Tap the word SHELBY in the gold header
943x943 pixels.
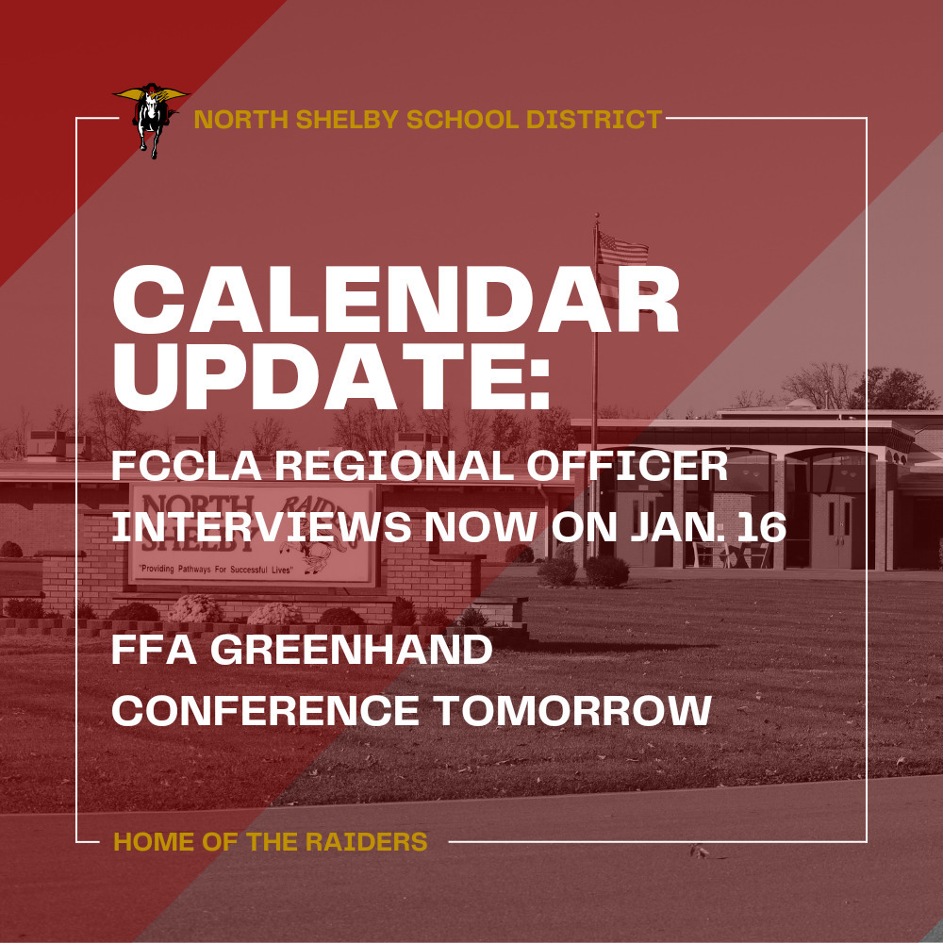click(x=346, y=120)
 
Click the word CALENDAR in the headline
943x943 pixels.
click(x=396, y=299)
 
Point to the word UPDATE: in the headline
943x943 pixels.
click(x=331, y=377)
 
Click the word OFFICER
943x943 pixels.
click(x=627, y=466)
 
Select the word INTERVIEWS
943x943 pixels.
click(x=261, y=527)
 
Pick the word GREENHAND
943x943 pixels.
click(x=351, y=650)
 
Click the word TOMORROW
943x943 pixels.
click(x=572, y=711)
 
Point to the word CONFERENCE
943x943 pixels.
click(x=265, y=711)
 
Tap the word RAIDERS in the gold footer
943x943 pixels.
click(x=367, y=841)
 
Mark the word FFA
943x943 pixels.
click(x=155, y=650)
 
